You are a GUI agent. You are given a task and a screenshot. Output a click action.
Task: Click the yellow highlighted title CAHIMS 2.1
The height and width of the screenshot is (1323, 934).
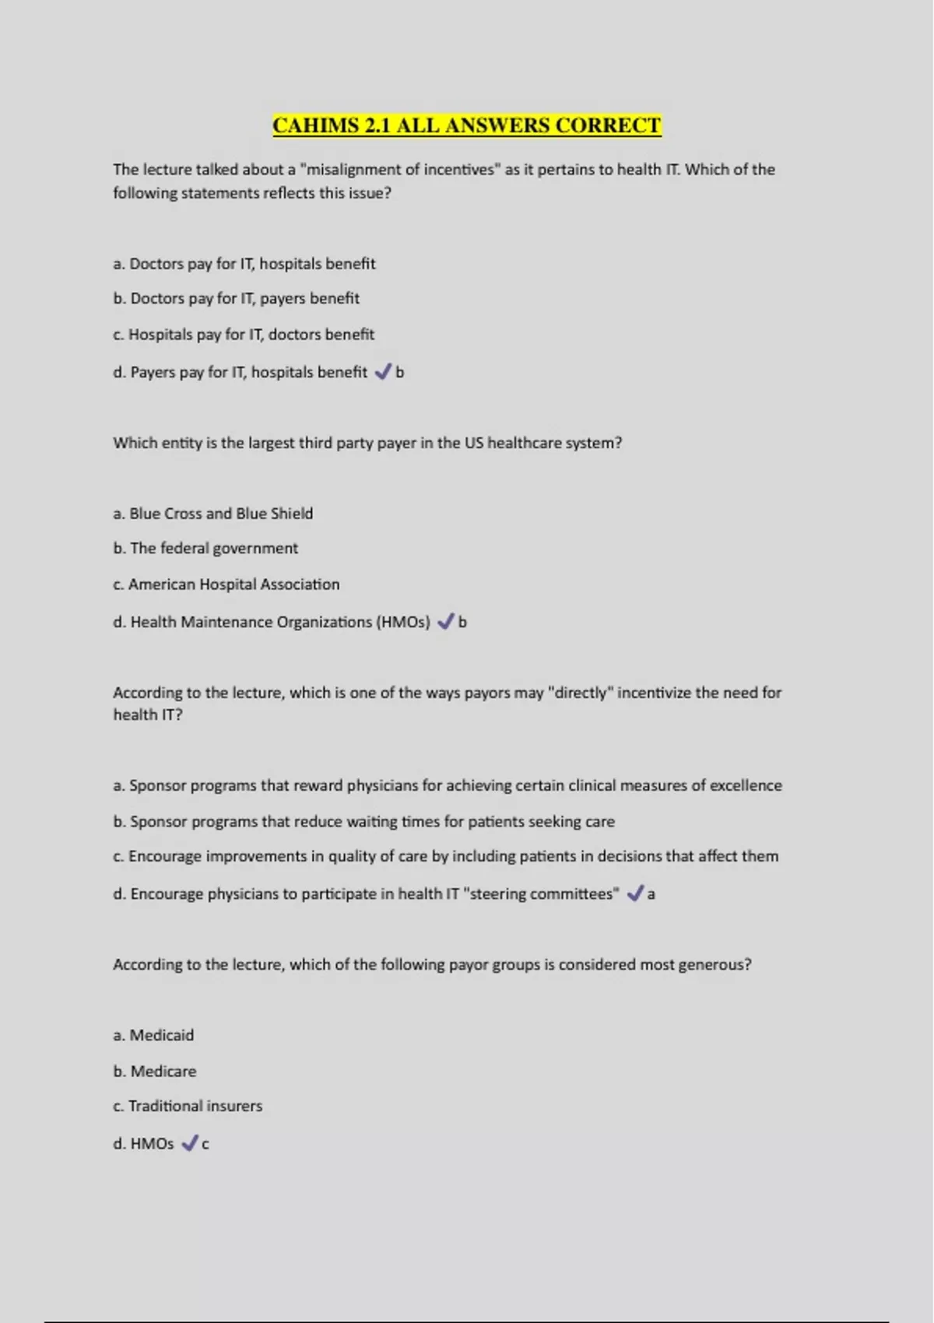point(466,125)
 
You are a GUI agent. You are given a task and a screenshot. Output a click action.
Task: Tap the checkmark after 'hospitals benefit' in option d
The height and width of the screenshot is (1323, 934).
point(382,372)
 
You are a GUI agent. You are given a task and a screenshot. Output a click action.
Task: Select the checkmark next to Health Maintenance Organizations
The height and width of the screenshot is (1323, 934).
point(445,622)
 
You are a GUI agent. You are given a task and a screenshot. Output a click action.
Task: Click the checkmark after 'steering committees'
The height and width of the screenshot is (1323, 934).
point(634,893)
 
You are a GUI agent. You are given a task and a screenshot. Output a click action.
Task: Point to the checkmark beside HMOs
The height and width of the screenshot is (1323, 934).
point(189,1143)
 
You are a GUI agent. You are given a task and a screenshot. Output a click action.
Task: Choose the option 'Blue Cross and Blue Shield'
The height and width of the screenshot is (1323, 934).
point(220,514)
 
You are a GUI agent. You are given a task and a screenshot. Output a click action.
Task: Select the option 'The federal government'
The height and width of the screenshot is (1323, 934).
point(213,549)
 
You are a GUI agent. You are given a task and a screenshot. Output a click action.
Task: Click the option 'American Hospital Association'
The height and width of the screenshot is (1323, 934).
point(233,584)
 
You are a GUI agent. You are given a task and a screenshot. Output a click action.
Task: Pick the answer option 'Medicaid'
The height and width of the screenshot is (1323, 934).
point(161,1036)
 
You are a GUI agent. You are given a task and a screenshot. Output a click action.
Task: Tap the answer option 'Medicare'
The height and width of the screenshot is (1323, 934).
point(163,1072)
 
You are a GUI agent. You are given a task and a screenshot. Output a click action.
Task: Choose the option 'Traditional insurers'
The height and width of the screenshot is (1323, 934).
point(195,1106)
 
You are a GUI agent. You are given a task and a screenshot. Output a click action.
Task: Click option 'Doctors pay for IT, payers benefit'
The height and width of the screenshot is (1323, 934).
point(244,299)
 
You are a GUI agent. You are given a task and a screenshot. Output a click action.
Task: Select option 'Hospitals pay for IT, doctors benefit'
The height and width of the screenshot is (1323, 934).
point(251,335)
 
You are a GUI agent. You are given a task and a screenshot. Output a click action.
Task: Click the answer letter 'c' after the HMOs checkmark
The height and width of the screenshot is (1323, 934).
point(205,1144)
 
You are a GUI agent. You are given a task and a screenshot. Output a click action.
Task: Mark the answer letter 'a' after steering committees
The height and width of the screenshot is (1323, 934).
point(651,895)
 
